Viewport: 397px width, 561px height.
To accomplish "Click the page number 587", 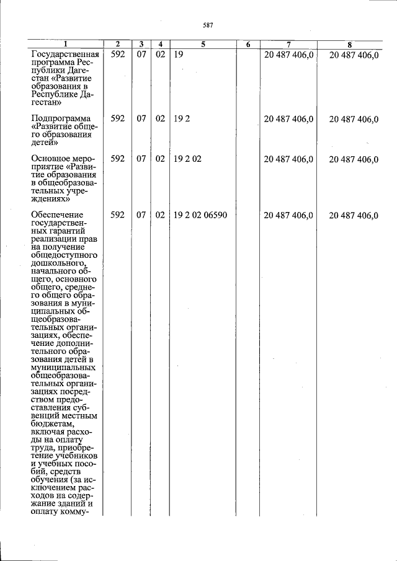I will (208, 25).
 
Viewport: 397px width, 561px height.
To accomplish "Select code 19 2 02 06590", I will (200, 215).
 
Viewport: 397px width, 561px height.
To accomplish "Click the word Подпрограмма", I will (60, 118).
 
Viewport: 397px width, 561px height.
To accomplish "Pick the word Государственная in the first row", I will (65, 55).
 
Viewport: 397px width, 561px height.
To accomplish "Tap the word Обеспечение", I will (58, 215).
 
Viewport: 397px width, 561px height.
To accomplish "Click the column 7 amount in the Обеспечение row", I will (288, 215).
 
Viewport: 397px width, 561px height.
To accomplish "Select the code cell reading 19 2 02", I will (187, 159).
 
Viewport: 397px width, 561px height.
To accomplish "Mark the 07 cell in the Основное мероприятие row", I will (141, 159).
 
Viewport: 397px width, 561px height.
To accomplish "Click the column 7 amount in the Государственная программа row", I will (288, 55).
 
